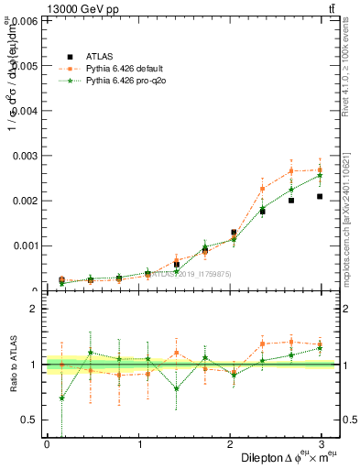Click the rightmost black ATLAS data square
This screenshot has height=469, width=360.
pyautogui.click(x=320, y=196)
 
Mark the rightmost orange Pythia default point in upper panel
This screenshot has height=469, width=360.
pyautogui.click(x=320, y=169)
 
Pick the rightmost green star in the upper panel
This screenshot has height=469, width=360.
pyautogui.click(x=320, y=175)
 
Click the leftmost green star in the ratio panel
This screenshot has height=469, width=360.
pyautogui.click(x=61, y=398)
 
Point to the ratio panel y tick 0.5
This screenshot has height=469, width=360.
pyautogui.click(x=31, y=420)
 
